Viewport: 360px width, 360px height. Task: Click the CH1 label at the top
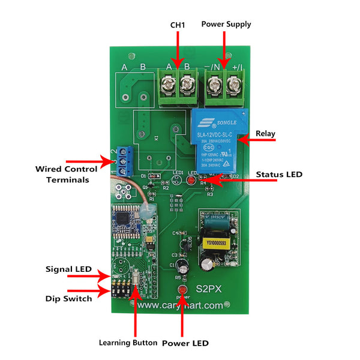(178, 25)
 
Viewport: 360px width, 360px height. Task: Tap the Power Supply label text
(226, 24)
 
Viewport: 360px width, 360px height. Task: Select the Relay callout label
(265, 133)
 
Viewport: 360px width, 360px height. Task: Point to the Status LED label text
(279, 175)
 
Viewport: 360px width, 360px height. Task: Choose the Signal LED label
(68, 269)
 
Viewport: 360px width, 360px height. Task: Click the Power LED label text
(185, 343)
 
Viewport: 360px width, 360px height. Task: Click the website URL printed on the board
(180, 305)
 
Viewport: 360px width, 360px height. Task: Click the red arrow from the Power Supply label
(223, 50)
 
